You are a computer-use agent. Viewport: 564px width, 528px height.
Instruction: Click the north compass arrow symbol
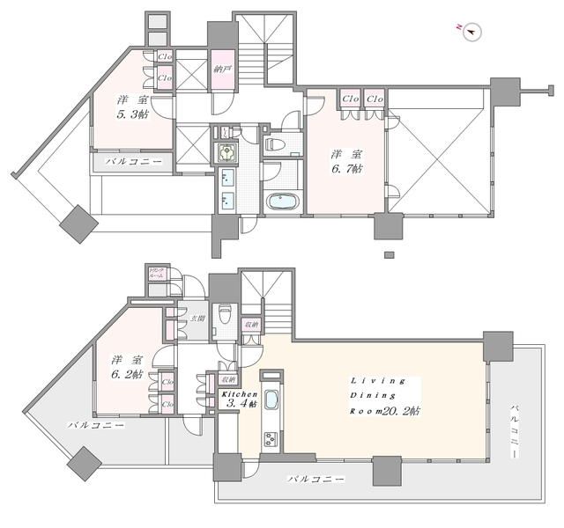coord(471,31)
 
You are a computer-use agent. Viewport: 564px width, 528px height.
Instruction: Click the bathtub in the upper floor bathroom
coord(282,201)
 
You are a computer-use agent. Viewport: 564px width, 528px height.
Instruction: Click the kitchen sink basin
coord(271,405)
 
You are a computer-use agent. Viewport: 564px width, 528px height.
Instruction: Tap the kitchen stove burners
coord(270,439)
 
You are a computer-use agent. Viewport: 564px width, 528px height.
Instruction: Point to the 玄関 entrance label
coord(198,319)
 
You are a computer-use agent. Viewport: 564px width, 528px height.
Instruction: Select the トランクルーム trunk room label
coord(156,274)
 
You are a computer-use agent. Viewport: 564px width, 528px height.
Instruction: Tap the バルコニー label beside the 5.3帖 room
coord(133,162)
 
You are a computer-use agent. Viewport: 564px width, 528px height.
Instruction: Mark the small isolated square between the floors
coord(389,256)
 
